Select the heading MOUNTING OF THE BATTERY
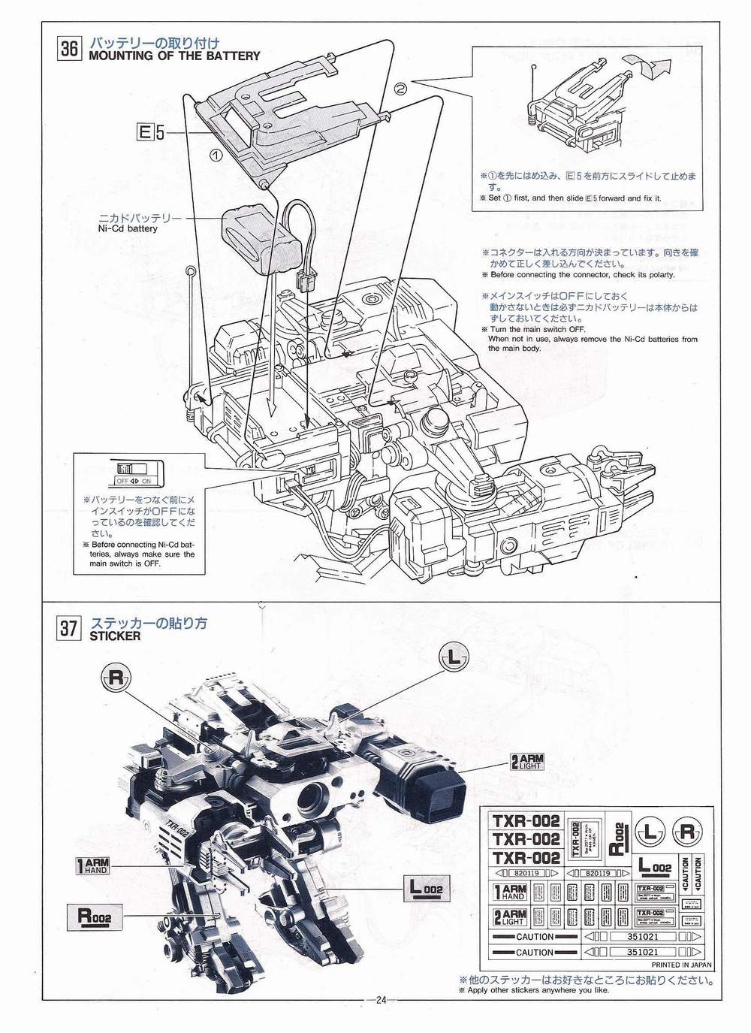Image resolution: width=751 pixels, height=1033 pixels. (x=174, y=56)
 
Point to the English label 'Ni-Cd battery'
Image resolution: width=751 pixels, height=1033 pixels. (x=123, y=228)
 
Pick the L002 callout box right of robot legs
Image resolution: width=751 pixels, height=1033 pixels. (x=426, y=889)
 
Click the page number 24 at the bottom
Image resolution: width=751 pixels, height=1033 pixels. (x=381, y=1000)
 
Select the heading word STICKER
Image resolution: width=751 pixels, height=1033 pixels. (x=115, y=636)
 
